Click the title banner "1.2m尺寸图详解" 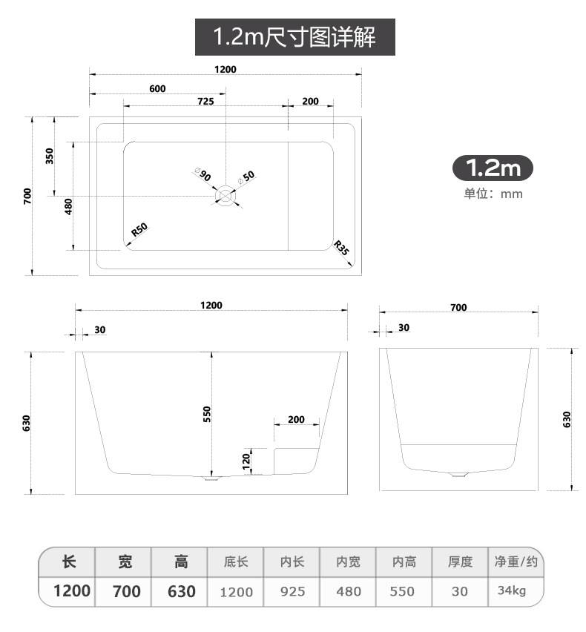(x=294, y=36)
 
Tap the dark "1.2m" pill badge (x=493, y=168)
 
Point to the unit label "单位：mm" (x=493, y=194)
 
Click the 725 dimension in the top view (x=205, y=102)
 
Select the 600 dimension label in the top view (x=157, y=89)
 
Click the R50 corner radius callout (x=139, y=229)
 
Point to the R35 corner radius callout (x=341, y=248)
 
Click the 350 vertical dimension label (x=50, y=157)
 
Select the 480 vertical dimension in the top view (x=69, y=205)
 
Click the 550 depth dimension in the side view (x=207, y=414)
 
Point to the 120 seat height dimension (x=247, y=461)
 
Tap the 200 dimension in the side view (x=296, y=420)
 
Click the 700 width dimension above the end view (x=458, y=307)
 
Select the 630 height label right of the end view (x=567, y=419)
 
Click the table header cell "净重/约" (x=516, y=562)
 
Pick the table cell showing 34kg (x=512, y=591)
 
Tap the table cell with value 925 (x=292, y=592)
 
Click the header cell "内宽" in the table (x=348, y=562)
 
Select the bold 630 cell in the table (x=181, y=591)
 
